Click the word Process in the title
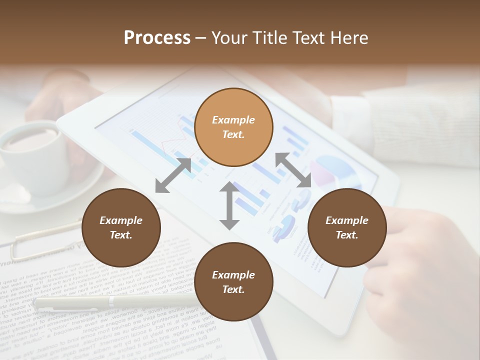(x=157, y=38)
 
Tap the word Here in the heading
(x=348, y=38)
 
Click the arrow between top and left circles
(x=173, y=175)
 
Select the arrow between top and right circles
(x=293, y=170)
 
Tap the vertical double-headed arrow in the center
(x=229, y=205)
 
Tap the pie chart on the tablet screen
(x=335, y=170)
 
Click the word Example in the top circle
(x=233, y=120)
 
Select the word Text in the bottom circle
(x=233, y=289)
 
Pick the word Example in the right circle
(x=347, y=220)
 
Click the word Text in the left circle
(x=121, y=235)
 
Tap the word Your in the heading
(x=228, y=38)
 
